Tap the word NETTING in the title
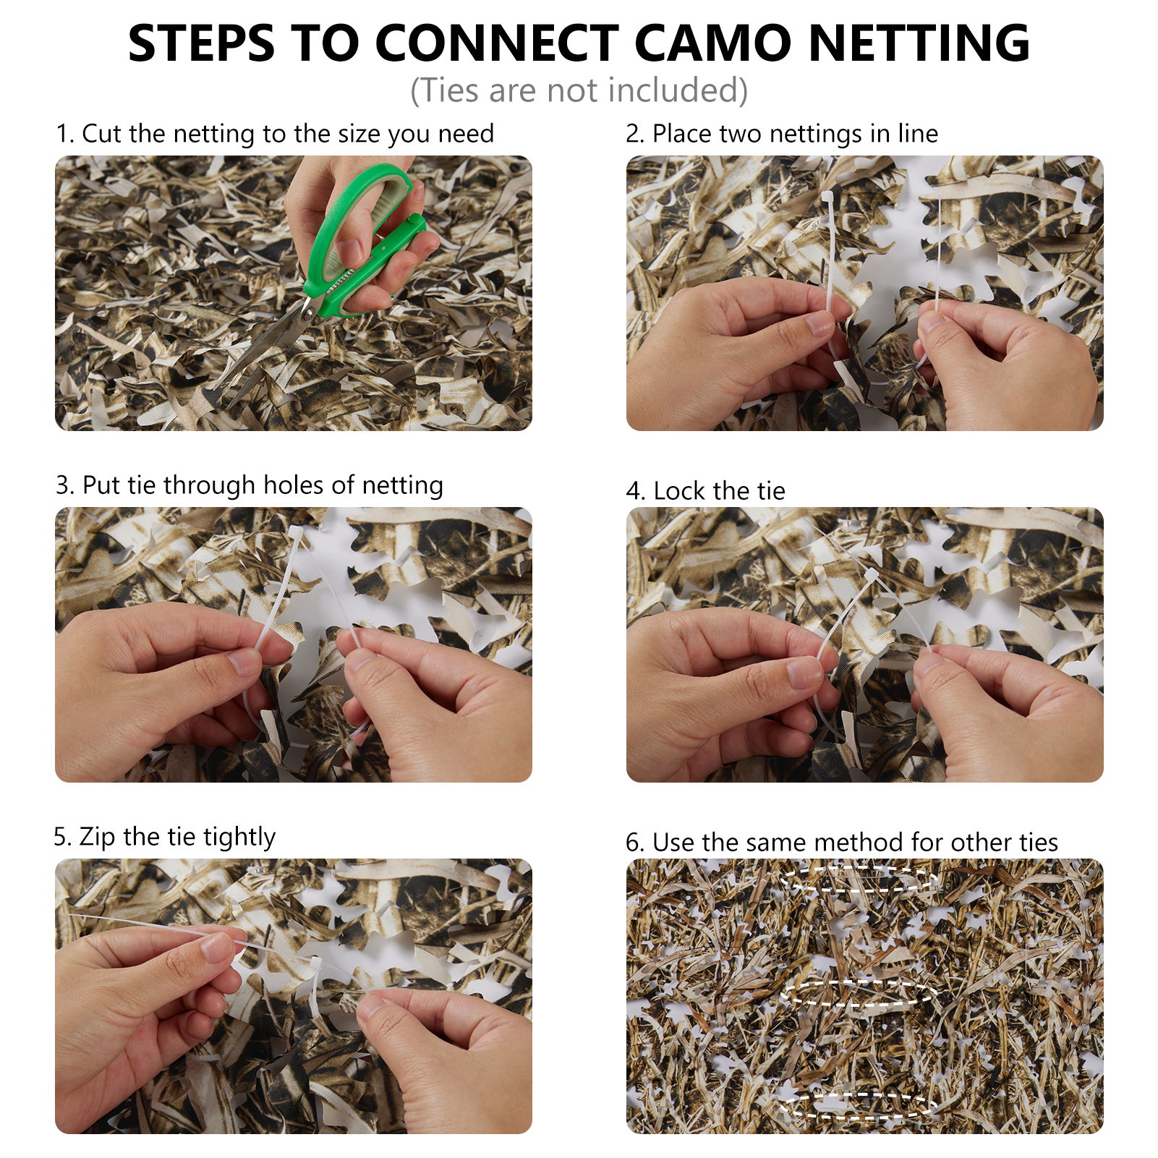pyautogui.click(x=919, y=43)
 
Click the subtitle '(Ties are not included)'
pyautogui.click(x=579, y=90)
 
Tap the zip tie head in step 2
pyautogui.click(x=827, y=197)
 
